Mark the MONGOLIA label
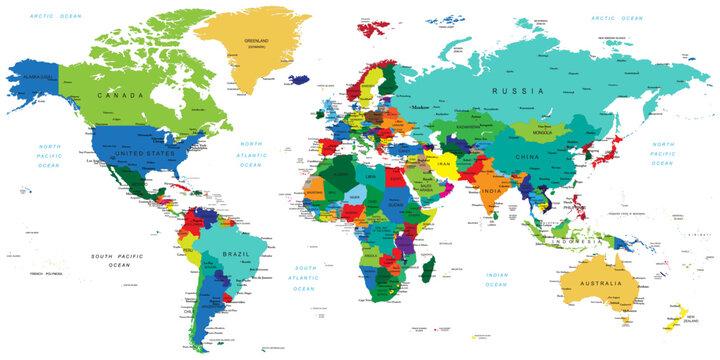tap(548, 133)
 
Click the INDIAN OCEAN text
tap(497, 278)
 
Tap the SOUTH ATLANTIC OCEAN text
tap(305, 277)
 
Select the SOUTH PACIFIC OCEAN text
tap(118, 260)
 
